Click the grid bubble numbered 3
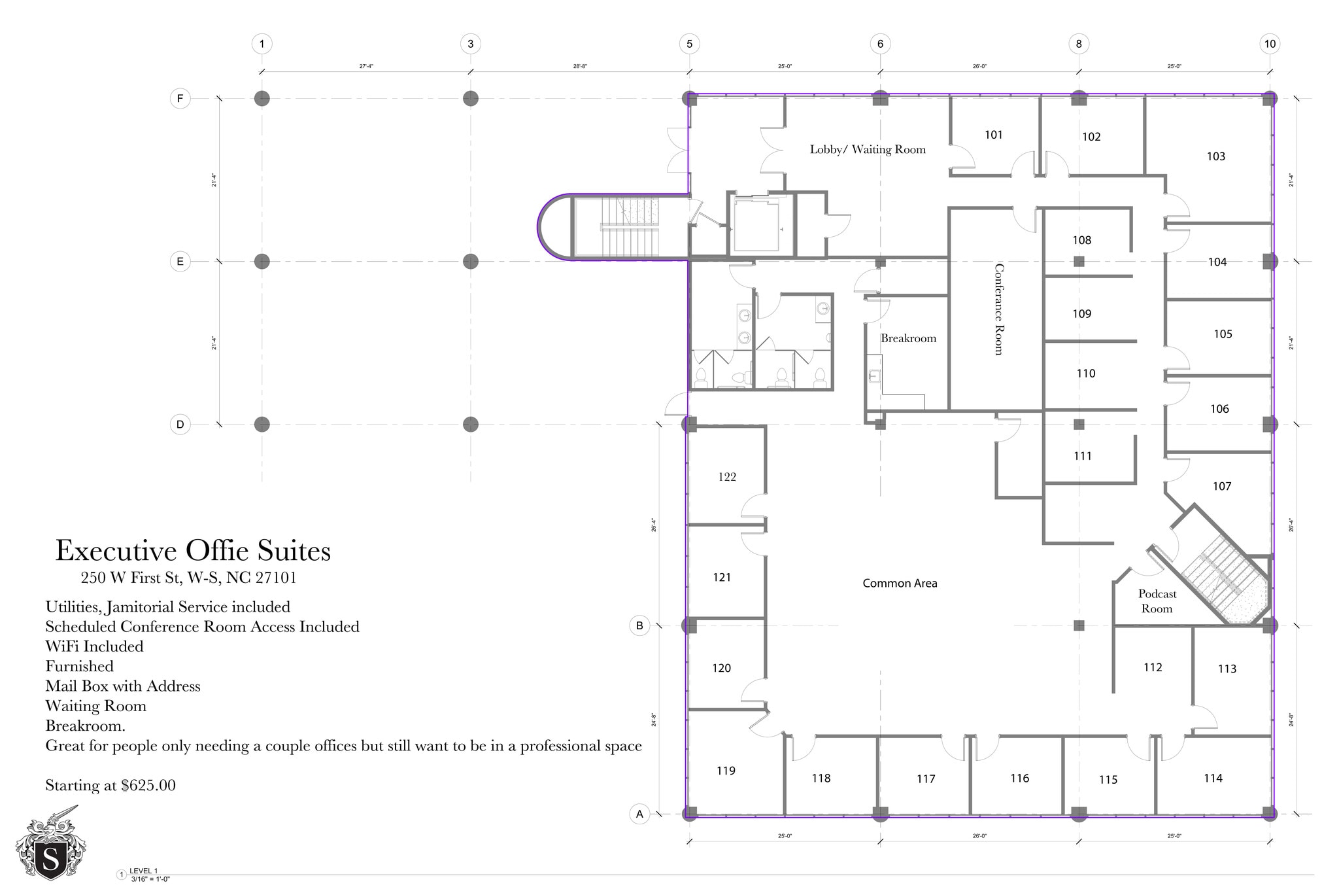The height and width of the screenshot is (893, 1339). pos(470,44)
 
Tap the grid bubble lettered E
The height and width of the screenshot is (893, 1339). pos(180,262)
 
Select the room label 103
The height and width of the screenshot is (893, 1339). pos(1215,156)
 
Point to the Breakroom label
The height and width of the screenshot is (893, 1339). pos(908,338)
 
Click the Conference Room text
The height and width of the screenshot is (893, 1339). pos(998,309)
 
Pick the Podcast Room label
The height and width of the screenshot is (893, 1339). pos(1157,601)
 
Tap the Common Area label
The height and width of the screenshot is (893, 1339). pos(900,583)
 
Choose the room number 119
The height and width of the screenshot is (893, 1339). pos(726,771)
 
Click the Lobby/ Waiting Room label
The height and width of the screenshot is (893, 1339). pos(868,149)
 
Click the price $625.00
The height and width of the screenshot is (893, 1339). pos(148,785)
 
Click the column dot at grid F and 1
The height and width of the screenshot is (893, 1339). pos(262,99)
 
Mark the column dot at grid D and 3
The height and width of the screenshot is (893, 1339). pos(470,425)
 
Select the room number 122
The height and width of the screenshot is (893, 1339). pos(727,477)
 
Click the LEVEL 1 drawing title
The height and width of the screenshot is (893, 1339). pos(143,871)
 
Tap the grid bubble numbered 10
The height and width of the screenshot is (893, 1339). pos(1269,44)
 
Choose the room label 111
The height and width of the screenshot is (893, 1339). pos(1082,456)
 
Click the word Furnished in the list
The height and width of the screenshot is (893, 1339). pos(79,666)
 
